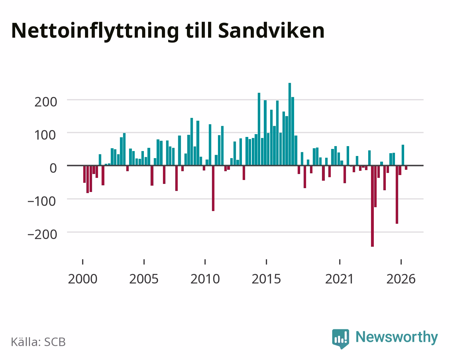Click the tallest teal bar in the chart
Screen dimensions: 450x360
[x=290, y=124]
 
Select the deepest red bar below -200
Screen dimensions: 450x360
[x=372, y=206]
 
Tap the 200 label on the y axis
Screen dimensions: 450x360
[x=46, y=102]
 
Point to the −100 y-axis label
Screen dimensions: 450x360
[x=42, y=201]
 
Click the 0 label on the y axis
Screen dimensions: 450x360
[x=53, y=168]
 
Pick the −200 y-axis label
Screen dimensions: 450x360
[x=42, y=234]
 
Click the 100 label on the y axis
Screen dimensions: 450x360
[x=45, y=135]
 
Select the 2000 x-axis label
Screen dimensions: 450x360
[x=83, y=279]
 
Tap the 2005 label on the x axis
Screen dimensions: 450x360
[x=144, y=279]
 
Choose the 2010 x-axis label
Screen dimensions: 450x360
[x=205, y=279]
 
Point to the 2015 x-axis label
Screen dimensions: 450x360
[x=266, y=279]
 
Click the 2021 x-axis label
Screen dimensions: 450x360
[x=339, y=279]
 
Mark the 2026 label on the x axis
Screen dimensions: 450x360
[x=401, y=279]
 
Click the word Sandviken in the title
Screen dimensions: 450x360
[x=271, y=31]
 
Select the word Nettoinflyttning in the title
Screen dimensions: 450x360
[x=95, y=32]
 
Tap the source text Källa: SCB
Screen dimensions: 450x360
[x=38, y=342]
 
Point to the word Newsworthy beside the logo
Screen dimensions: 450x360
[x=397, y=337]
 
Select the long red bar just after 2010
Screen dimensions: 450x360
[x=213, y=188]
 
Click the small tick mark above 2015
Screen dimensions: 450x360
[x=266, y=262]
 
